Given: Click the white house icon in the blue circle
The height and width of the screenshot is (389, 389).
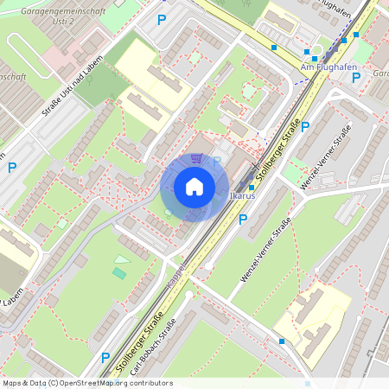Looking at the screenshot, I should point(194,187).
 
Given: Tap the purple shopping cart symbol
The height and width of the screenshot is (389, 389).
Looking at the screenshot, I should point(197,159).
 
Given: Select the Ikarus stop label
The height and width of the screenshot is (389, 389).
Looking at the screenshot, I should point(243,196).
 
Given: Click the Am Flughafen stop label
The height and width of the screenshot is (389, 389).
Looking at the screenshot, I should point(318,67).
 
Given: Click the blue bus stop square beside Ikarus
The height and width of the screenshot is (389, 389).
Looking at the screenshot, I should point(252,187).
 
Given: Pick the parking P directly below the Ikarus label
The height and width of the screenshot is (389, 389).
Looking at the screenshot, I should point(243,220).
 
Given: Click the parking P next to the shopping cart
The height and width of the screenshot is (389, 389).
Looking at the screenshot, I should point(218,161).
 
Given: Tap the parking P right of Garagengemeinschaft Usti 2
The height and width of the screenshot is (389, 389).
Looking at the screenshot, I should point(161,19).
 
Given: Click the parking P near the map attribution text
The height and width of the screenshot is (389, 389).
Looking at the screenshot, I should point(105,356).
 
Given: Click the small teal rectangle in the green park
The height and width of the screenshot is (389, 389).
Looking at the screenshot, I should point(118,273).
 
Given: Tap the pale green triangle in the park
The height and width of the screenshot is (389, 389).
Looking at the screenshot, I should point(123,258).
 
